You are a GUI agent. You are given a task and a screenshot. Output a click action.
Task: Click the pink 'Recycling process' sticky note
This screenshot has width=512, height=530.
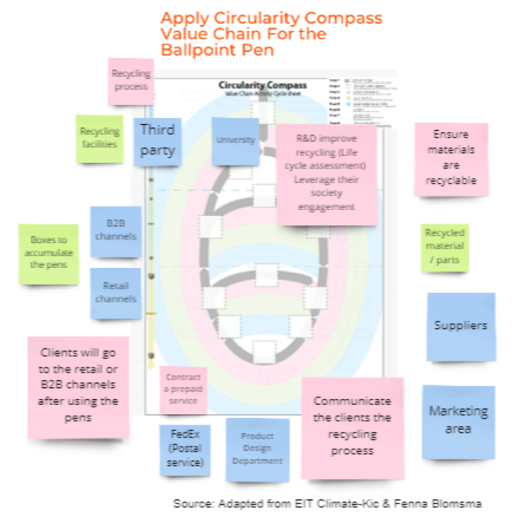131,81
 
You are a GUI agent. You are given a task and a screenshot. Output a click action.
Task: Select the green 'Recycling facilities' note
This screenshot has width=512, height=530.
99,137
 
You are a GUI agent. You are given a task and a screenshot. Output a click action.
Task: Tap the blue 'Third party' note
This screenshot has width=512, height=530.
157,141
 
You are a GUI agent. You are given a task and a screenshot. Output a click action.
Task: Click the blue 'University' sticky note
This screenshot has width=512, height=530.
236,140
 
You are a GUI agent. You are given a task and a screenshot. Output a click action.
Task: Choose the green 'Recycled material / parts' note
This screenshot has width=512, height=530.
445,247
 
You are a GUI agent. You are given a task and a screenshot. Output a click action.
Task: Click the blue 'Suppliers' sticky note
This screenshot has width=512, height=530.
461,326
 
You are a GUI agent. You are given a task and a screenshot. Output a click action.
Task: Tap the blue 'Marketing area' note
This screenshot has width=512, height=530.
458,420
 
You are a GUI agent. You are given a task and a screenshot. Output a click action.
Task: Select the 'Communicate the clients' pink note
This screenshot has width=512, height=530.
352,426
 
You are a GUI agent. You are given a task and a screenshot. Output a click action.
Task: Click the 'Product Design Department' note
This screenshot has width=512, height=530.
257,449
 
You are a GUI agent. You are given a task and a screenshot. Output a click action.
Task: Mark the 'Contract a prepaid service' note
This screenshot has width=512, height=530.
183,389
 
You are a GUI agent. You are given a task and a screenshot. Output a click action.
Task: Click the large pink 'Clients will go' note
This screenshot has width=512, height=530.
78,385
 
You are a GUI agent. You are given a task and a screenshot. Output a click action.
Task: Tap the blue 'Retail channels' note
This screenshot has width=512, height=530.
116,293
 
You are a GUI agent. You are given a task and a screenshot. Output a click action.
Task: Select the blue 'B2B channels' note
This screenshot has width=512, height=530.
116,231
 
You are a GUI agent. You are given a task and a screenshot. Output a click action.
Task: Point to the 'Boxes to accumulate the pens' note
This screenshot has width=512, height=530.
49,253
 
